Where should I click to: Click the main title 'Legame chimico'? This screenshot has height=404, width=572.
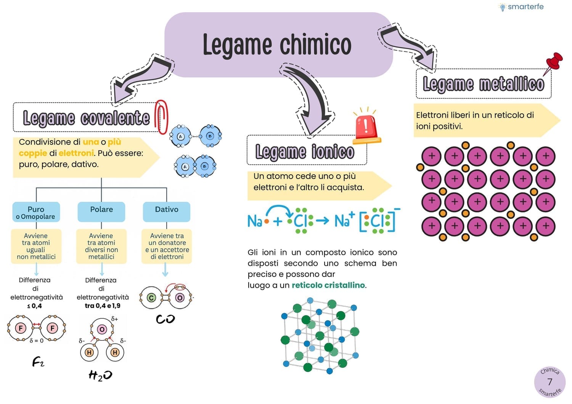[x=277, y=45]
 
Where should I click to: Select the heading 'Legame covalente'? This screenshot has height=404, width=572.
[x=86, y=118]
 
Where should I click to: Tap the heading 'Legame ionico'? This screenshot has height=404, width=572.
[x=305, y=152]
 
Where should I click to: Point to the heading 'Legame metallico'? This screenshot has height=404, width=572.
[x=483, y=84]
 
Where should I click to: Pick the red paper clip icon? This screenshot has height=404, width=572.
[x=162, y=117]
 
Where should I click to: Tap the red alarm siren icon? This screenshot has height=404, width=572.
[x=366, y=127]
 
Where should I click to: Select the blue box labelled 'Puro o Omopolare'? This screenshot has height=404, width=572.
[x=36, y=212]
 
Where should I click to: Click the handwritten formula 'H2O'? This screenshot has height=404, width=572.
[x=100, y=375]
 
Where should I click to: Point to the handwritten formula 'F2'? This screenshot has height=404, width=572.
[x=38, y=361]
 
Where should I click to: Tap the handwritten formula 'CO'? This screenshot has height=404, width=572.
[x=165, y=319]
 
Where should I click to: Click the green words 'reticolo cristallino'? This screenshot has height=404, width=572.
[x=328, y=285]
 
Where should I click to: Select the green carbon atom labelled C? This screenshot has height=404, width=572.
[x=151, y=298]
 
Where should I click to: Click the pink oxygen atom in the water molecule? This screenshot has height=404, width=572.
[x=102, y=329]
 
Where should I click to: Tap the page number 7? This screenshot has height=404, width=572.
[x=550, y=382]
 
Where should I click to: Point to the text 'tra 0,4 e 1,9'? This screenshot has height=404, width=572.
[x=103, y=306]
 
